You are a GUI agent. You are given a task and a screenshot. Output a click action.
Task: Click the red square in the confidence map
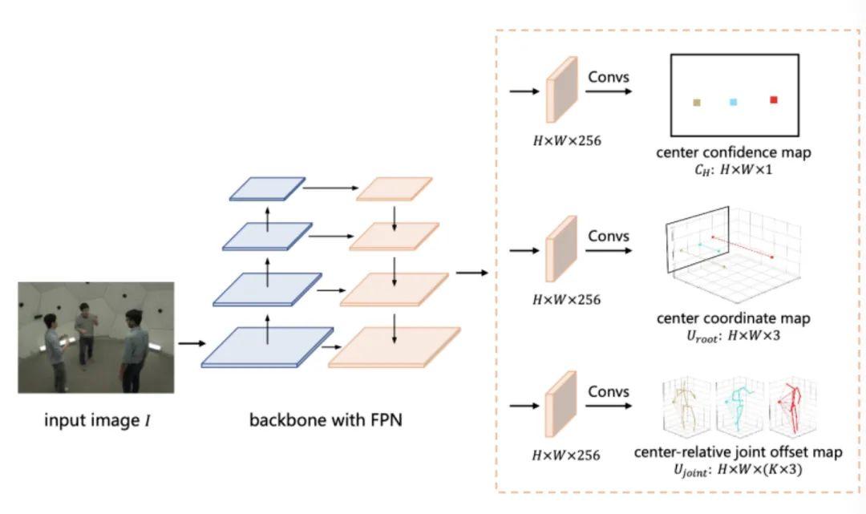(774, 99)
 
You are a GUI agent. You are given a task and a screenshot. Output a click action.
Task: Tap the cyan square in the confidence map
(733, 102)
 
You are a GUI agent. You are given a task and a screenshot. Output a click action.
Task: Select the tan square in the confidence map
(697, 103)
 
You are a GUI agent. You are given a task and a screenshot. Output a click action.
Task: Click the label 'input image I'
(95, 420)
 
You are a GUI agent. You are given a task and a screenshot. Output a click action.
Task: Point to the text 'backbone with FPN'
(326, 420)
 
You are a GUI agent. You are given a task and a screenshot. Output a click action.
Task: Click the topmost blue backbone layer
(267, 188)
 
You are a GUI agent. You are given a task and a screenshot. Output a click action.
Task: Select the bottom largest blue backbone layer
(268, 346)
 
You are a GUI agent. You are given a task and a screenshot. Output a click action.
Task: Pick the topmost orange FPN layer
(394, 188)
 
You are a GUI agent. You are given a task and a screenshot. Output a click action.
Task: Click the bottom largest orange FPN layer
(395, 346)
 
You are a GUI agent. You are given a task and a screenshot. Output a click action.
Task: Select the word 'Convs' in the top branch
(609, 78)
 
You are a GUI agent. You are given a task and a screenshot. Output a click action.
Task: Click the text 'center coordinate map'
(733, 318)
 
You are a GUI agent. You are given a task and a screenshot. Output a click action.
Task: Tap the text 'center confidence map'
(734, 152)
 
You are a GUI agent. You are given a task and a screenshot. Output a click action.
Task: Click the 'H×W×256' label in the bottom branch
(566, 455)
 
